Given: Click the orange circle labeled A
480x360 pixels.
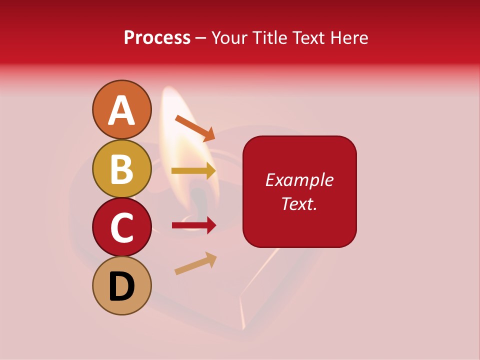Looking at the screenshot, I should point(121,109).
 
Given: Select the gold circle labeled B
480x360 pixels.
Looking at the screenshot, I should point(121,168).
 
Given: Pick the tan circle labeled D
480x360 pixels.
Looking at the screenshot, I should point(121,285).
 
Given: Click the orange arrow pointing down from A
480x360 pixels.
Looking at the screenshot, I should point(195,128).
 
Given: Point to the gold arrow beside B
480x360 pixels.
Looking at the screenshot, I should point(193,171).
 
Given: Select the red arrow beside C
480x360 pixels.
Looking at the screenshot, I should point(193,225).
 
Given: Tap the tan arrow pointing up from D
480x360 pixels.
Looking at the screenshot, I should point(195,263).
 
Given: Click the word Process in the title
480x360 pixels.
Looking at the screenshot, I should point(157,37).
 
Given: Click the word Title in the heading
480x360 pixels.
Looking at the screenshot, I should point(270,37).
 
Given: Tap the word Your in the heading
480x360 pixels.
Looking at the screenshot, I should point(231,37).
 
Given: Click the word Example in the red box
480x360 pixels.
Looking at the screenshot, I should point(299,180).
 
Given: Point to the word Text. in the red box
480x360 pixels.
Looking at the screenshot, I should point(299,203).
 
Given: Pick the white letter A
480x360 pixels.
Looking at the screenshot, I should point(121,110).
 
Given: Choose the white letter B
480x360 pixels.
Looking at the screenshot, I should point(121,169).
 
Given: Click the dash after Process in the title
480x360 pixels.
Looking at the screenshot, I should point(201,38).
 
